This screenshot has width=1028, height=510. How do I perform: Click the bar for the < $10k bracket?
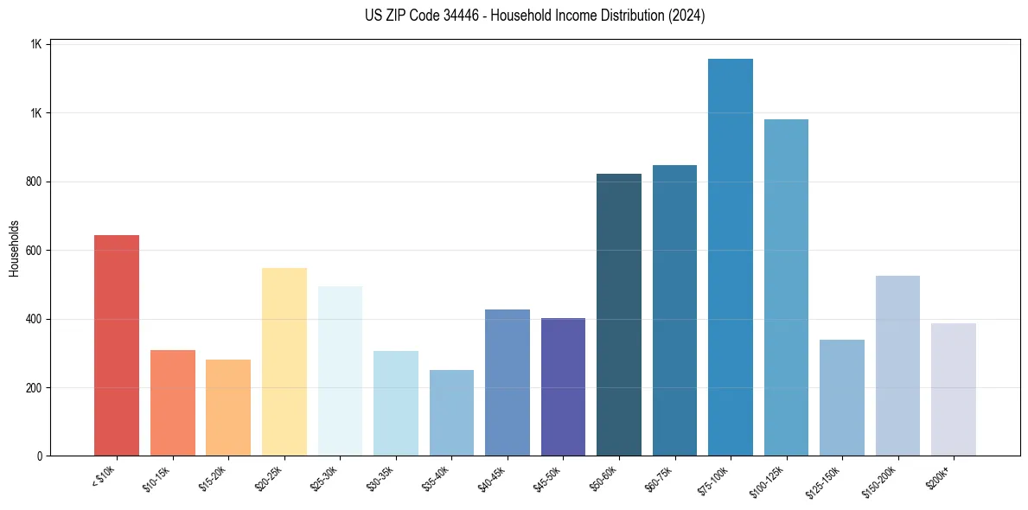pos(117,346)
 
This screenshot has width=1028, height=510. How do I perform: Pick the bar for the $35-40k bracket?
pos(451,413)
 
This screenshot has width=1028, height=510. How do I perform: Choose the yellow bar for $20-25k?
pos(284,362)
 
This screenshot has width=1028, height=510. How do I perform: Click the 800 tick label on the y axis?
pos(34,182)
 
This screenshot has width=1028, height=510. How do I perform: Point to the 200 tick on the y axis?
pos(34,388)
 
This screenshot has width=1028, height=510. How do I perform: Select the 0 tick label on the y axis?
pos(39,456)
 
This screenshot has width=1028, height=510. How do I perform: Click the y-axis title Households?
pos(14,249)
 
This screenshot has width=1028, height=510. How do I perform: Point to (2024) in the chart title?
pos(686,16)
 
